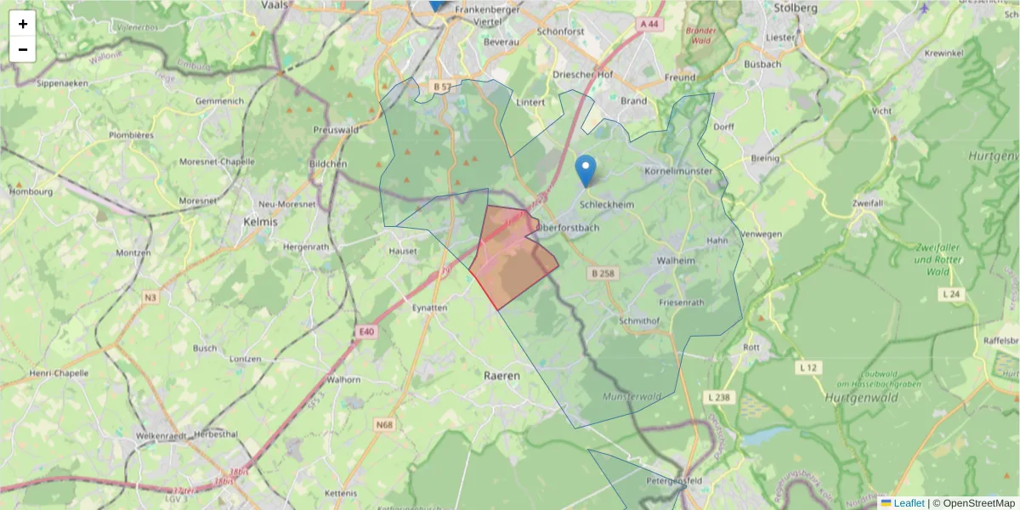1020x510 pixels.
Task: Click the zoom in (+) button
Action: (x=23, y=24)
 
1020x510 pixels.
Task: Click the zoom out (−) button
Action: (x=23, y=49)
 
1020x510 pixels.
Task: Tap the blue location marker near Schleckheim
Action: (x=585, y=170)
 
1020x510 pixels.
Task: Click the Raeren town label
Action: (x=501, y=375)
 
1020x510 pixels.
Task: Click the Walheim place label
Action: (x=677, y=261)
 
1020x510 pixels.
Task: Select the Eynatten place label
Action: (x=429, y=308)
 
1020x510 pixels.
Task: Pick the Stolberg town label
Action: (x=796, y=8)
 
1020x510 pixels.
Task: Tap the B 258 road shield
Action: (x=602, y=273)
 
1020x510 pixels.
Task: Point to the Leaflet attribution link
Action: (x=909, y=503)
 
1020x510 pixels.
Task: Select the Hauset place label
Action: (x=403, y=252)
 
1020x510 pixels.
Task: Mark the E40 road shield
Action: (x=366, y=331)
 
